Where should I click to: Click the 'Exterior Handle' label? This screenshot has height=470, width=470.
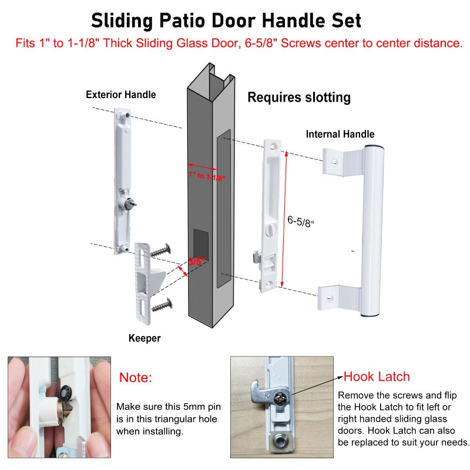click(x=120, y=95)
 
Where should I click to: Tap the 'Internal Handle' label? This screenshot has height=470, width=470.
click(x=340, y=135)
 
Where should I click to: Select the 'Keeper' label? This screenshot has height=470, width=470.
click(x=144, y=338)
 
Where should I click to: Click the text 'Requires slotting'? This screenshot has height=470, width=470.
click(x=299, y=98)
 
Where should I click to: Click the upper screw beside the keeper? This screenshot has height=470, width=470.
click(x=160, y=250)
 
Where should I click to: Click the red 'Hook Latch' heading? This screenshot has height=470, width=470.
click(x=376, y=377)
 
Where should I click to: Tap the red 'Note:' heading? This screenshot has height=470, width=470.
click(x=135, y=377)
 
